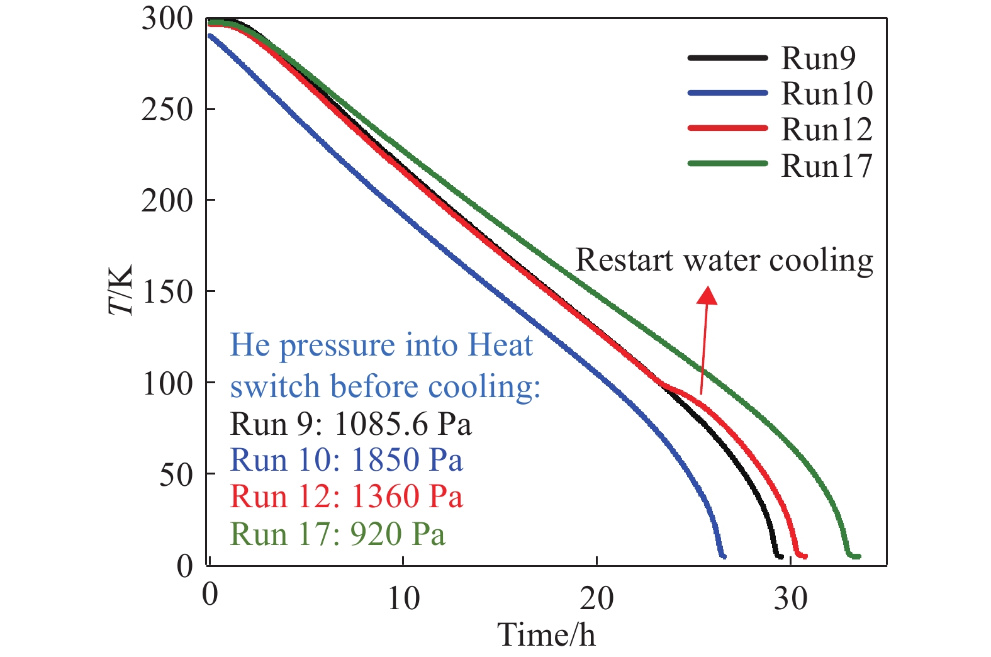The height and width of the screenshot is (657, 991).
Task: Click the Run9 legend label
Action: [818, 58]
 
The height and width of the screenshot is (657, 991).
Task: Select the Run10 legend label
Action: [827, 94]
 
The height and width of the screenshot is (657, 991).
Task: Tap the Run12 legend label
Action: [827, 130]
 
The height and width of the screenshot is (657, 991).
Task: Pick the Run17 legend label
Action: [827, 166]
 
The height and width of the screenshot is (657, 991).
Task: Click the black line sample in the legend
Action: [728, 58]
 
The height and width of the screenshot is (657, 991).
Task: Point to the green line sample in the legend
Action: [728, 164]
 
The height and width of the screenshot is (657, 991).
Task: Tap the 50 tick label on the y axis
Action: [176, 474]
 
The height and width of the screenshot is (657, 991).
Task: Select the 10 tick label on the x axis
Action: [403, 598]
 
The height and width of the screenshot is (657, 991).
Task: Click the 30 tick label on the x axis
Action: [790, 598]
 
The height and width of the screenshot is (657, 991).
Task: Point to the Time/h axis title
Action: [546, 634]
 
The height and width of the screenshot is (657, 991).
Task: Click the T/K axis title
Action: [121, 290]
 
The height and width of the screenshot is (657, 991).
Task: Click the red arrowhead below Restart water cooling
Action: [708, 295]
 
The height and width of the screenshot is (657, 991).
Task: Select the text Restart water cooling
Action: [724, 260]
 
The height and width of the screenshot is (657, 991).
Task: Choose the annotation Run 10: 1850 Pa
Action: [346, 460]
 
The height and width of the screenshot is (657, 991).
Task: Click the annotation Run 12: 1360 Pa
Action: [346, 497]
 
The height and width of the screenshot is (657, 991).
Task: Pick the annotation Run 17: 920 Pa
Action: [337, 534]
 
